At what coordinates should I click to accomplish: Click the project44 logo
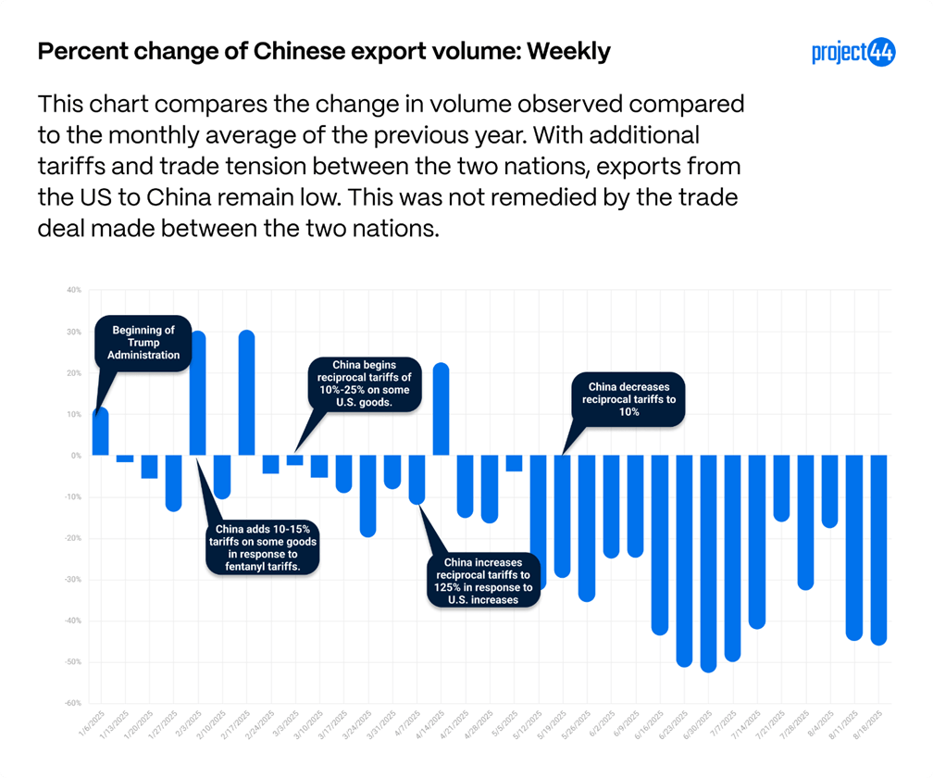click(853, 53)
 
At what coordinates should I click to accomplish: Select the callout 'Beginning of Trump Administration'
click(143, 342)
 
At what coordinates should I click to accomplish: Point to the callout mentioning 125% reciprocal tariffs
click(482, 580)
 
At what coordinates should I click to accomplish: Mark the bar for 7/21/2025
click(781, 487)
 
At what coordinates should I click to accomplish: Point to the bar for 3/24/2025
click(368, 496)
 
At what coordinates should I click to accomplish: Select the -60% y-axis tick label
click(72, 704)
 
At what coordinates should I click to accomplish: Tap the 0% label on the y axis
click(76, 456)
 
